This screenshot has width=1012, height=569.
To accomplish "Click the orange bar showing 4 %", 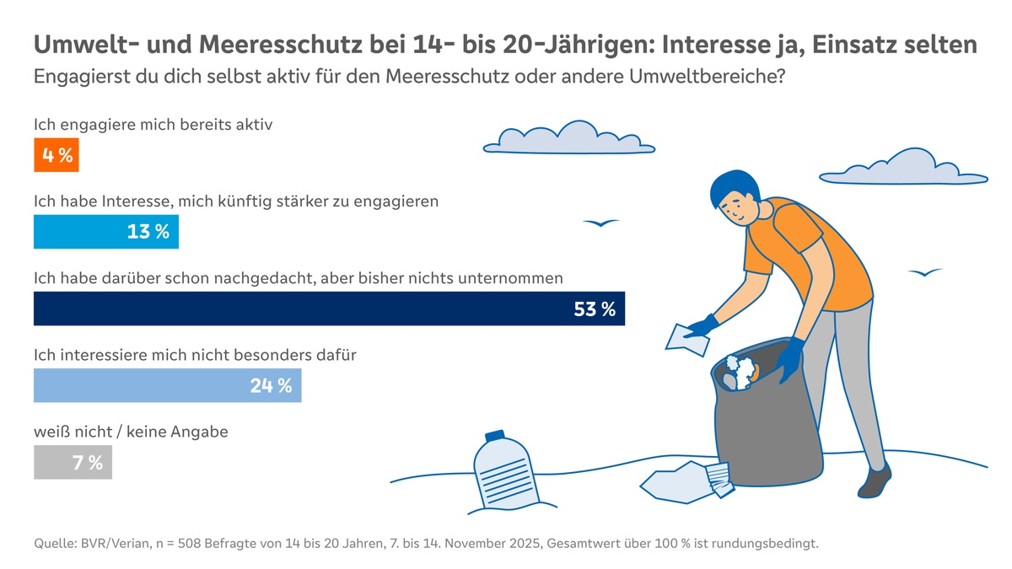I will (x=56, y=155).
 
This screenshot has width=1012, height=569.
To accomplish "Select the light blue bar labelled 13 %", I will (x=105, y=232).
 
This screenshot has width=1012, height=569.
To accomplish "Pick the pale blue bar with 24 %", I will (x=167, y=385).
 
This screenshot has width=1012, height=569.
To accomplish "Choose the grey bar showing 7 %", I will (x=73, y=462).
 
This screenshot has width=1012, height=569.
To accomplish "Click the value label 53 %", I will (x=595, y=309).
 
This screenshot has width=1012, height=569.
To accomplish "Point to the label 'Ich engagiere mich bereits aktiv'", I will (x=153, y=124).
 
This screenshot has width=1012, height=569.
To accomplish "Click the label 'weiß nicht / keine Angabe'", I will (x=131, y=432).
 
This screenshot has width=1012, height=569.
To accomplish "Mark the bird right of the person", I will (x=925, y=272).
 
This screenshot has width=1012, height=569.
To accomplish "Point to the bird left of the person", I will (x=600, y=223).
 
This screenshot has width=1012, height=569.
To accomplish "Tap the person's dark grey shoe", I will (x=875, y=481).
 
